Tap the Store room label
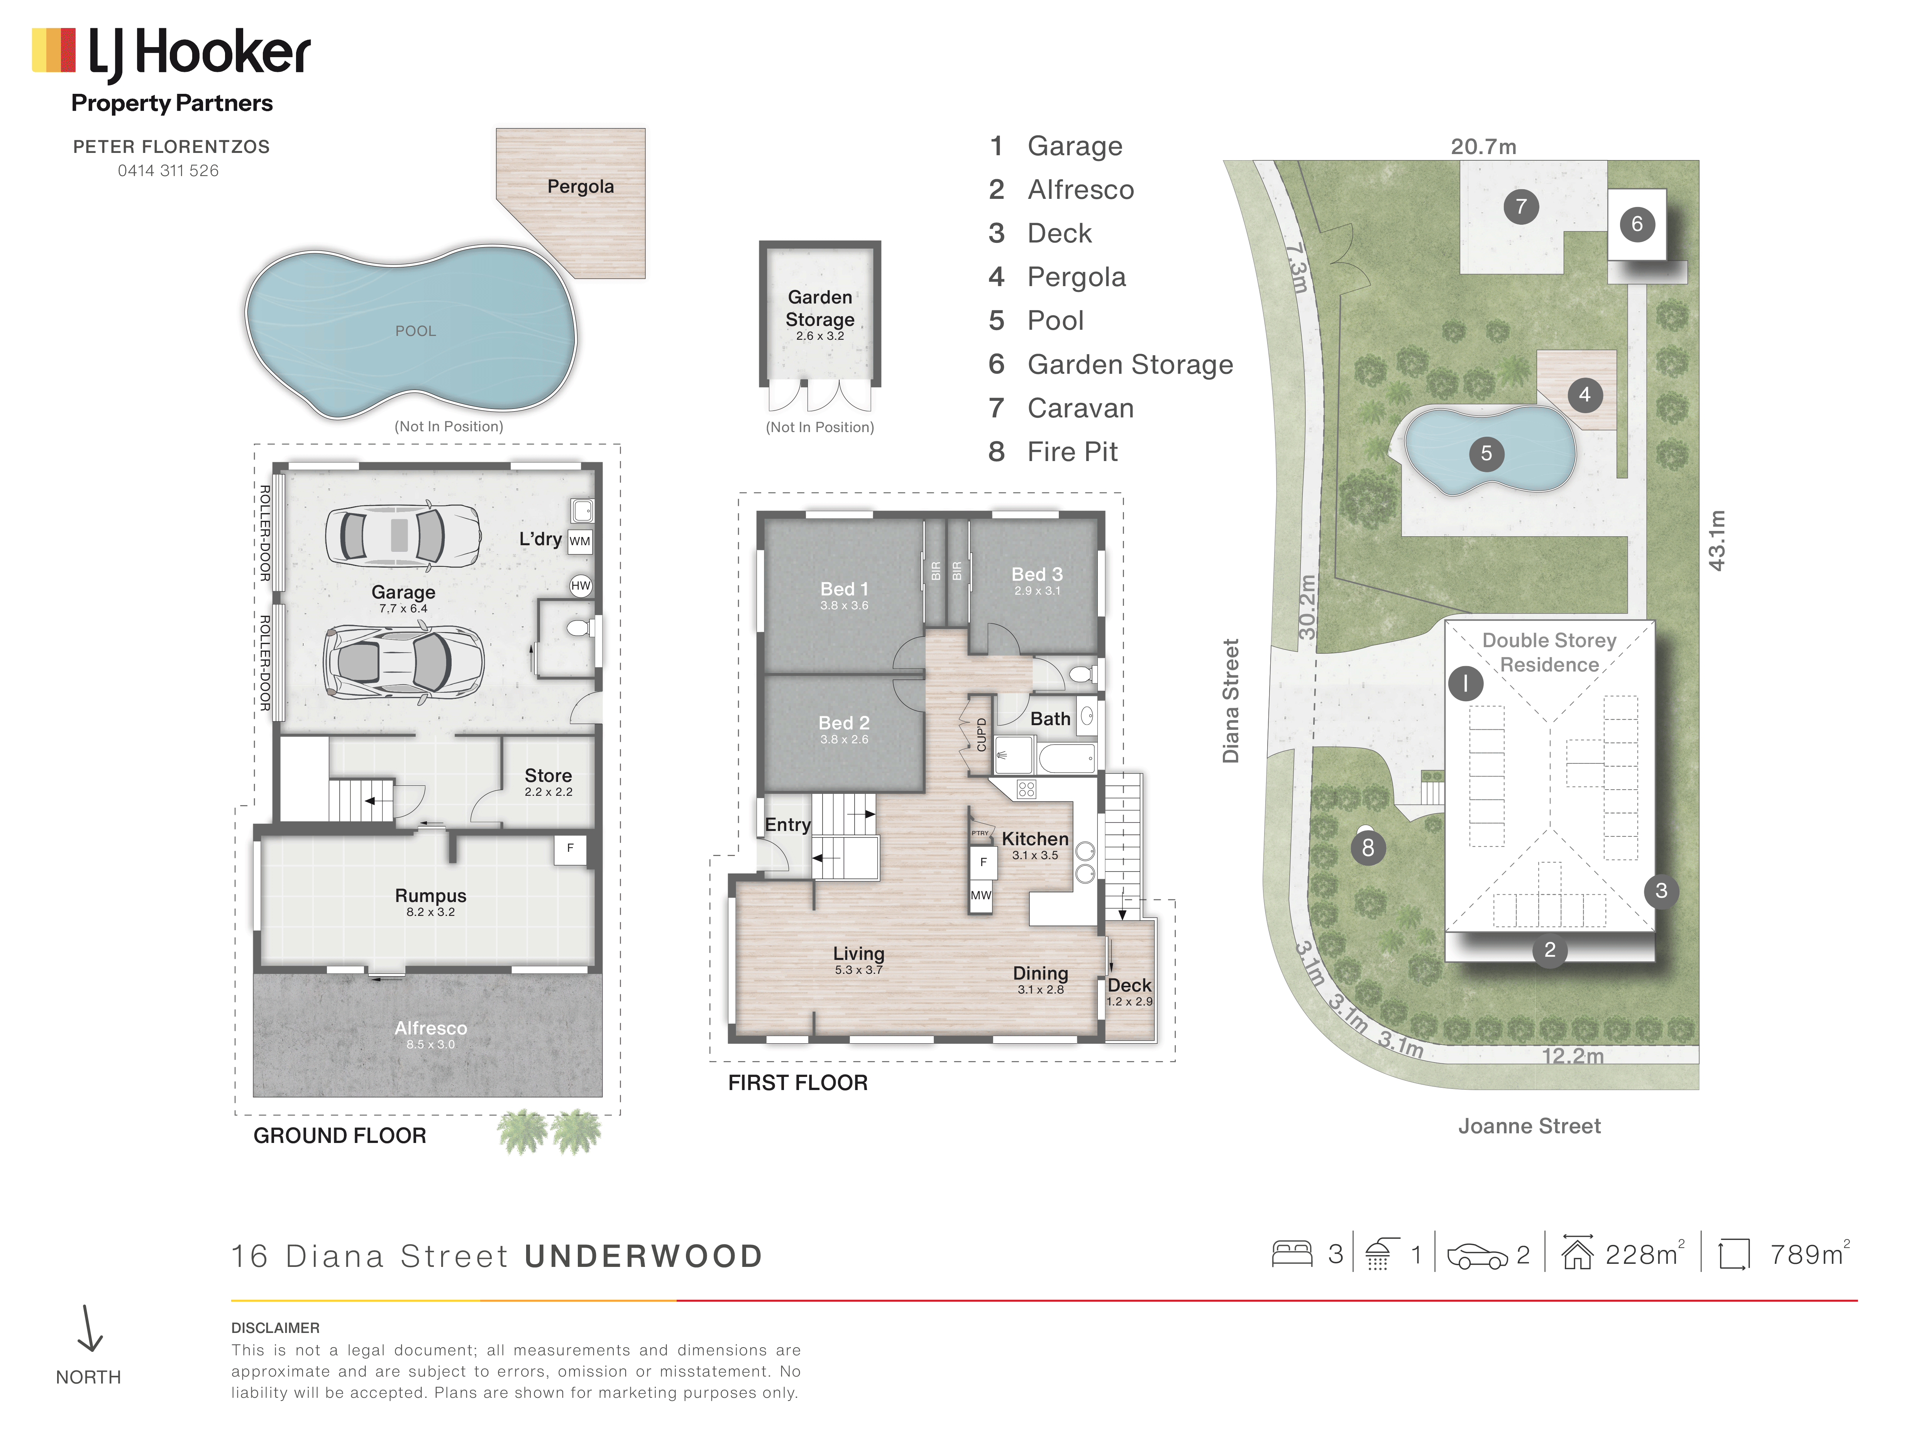548,775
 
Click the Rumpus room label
430,895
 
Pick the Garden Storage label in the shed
820,308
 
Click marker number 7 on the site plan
1521,207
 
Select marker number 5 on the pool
1486,453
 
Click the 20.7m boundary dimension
1483,147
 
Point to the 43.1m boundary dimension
1716,540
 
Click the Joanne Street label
1529,1126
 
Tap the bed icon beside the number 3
1292,1254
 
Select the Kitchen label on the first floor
1035,839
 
